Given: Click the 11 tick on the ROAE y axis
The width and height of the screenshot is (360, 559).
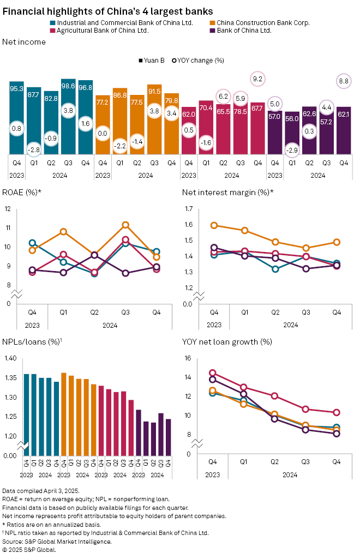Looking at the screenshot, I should click(x=7, y=228).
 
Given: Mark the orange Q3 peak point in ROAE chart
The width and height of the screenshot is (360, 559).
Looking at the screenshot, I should click(x=125, y=225).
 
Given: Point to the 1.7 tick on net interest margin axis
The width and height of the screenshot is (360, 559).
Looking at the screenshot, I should click(x=189, y=209).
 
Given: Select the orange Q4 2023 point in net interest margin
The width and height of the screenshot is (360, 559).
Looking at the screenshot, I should click(x=214, y=225).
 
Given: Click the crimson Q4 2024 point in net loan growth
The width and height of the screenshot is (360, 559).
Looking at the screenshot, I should click(x=337, y=412).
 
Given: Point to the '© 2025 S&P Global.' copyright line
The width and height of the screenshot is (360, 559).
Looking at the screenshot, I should click(x=29, y=549).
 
